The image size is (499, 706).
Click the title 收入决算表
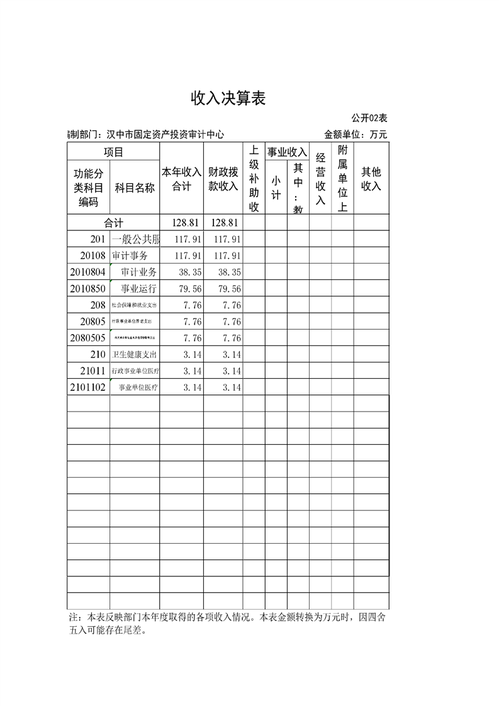click(x=228, y=98)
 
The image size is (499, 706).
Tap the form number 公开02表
click(x=369, y=118)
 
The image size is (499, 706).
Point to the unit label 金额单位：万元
click(x=356, y=134)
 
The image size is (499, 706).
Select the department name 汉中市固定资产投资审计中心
click(x=165, y=134)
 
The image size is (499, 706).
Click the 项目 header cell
click(x=113, y=152)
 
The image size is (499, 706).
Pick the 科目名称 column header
click(x=134, y=188)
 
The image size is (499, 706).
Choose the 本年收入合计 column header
click(x=181, y=179)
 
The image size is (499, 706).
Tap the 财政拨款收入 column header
click(x=223, y=179)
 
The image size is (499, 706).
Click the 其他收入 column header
click(x=371, y=179)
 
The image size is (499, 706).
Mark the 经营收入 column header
click(x=320, y=179)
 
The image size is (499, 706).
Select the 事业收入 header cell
click(x=287, y=152)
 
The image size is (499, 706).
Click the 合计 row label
click(x=113, y=223)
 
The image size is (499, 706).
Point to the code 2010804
click(x=87, y=272)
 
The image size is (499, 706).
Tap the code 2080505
click(x=87, y=338)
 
